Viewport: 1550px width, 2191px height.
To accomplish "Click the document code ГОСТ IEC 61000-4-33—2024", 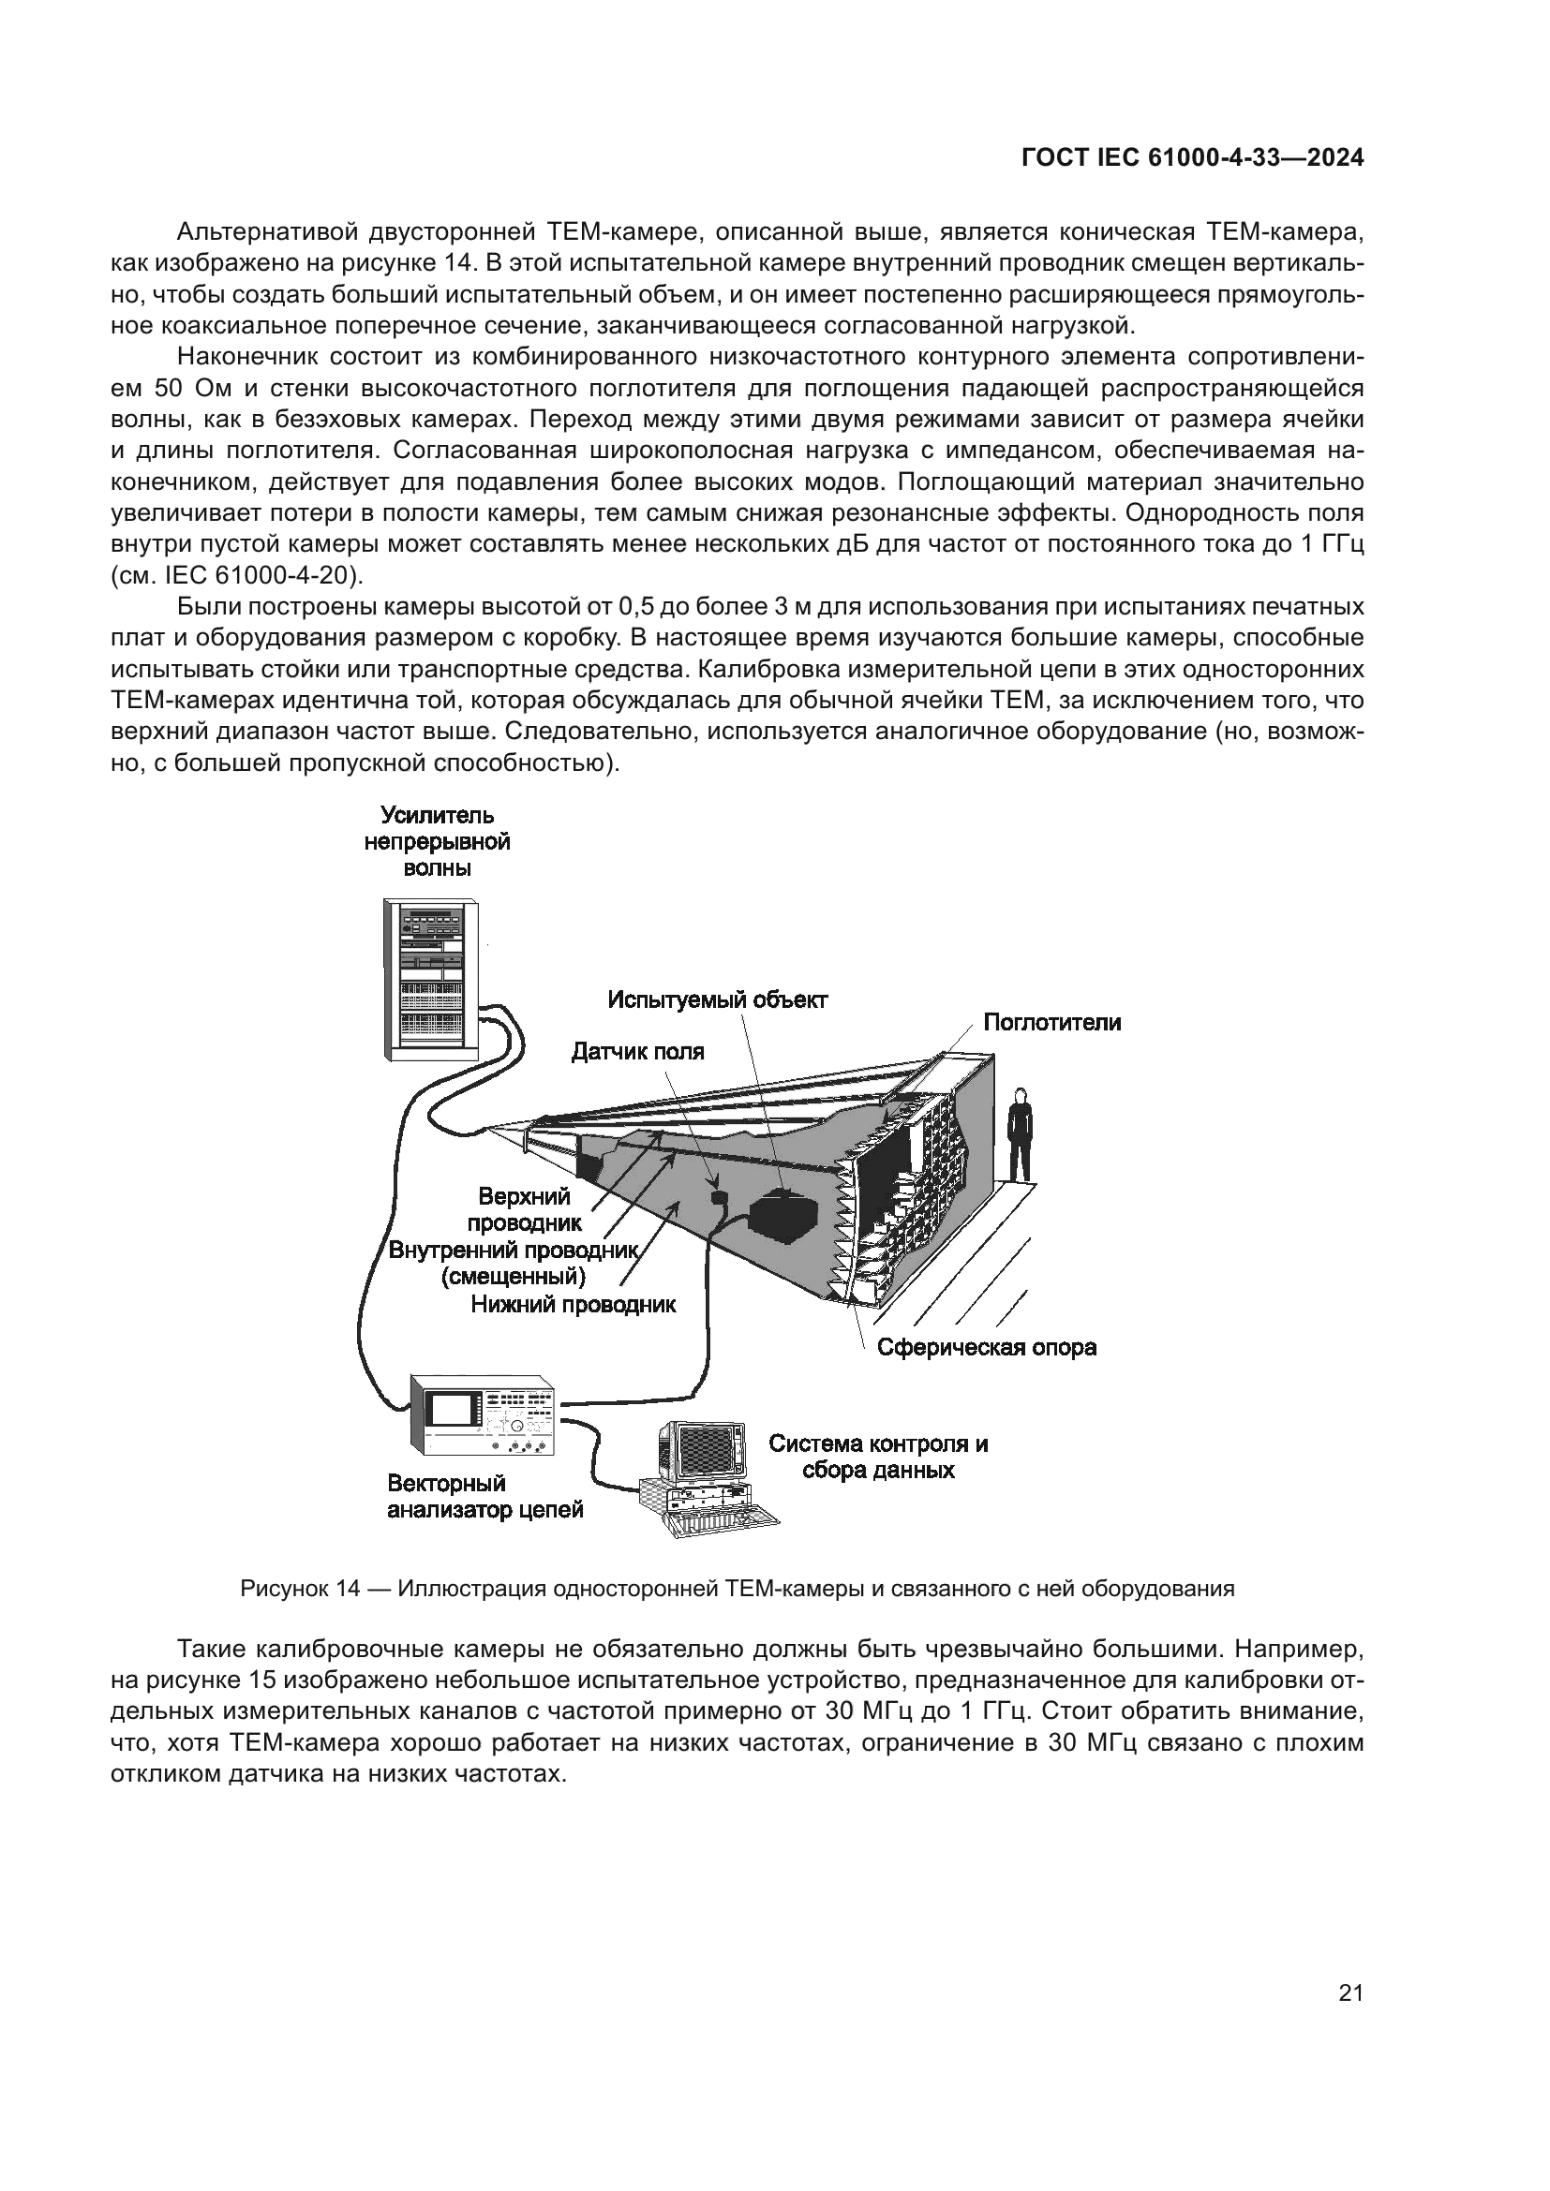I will [x=1192, y=158].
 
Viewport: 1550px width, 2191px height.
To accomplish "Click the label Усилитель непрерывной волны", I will [x=437, y=842].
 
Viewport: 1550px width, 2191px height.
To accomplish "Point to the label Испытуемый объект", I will [x=718, y=1000].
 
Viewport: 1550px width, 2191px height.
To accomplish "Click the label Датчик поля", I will [x=637, y=1052].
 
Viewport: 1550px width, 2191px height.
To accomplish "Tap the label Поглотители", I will [x=1051, y=1023].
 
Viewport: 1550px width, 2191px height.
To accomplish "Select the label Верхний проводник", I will [x=524, y=1209].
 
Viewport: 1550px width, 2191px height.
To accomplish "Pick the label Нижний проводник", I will [x=574, y=1305].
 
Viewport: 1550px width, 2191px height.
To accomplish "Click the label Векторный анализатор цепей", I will [x=484, y=1497].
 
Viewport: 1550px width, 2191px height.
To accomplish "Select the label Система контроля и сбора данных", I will [x=878, y=1458].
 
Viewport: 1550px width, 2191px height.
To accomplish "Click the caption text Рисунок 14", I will [x=300, y=1589].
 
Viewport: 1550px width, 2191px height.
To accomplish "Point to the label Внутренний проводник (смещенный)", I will [x=514, y=1263].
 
